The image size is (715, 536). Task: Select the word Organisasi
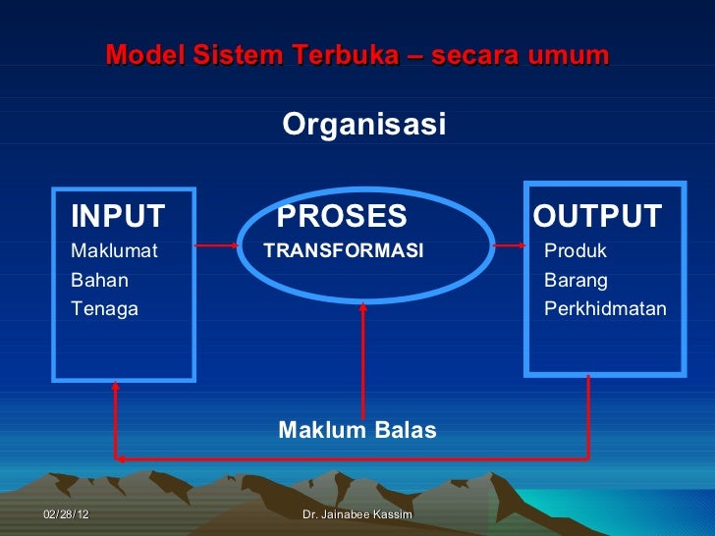coord(363,126)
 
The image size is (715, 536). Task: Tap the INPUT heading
coord(118,216)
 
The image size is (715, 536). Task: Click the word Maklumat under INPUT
coord(114,251)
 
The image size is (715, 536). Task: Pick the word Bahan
coord(99,280)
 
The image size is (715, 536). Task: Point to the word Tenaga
coord(104,309)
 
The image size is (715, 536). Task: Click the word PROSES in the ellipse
coord(341,216)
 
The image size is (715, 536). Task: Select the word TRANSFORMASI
coord(344,251)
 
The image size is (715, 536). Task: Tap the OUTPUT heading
coord(597,216)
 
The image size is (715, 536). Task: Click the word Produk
coord(576,251)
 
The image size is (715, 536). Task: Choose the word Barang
coord(576,280)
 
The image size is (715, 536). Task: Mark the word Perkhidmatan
coord(605,309)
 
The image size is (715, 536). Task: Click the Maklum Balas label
coord(357,430)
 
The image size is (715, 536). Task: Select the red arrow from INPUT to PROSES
coord(217,245)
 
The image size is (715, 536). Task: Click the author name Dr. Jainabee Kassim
coord(357,514)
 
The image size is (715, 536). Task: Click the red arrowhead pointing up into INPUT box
coord(116,387)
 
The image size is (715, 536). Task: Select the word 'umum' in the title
coord(564,55)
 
